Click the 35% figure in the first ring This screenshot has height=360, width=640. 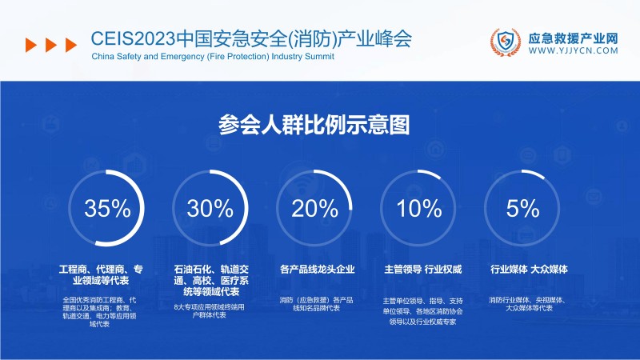[x=107, y=210]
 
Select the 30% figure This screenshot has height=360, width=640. [x=210, y=210]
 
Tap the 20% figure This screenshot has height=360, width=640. [x=316, y=210]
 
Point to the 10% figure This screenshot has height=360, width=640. [x=420, y=210]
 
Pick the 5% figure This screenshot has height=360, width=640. [x=523, y=210]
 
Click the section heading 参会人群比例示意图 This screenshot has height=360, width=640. [x=319, y=125]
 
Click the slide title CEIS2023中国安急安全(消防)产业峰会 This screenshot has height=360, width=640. [x=252, y=38]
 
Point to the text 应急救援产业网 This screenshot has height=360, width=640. [x=574, y=37]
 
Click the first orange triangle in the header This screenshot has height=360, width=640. [x=30, y=45]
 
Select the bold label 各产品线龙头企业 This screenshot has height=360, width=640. [x=317, y=269]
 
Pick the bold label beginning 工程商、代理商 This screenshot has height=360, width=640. [x=106, y=274]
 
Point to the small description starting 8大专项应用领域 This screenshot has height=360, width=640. [x=211, y=311]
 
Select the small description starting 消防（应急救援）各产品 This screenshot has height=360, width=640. [x=317, y=304]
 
